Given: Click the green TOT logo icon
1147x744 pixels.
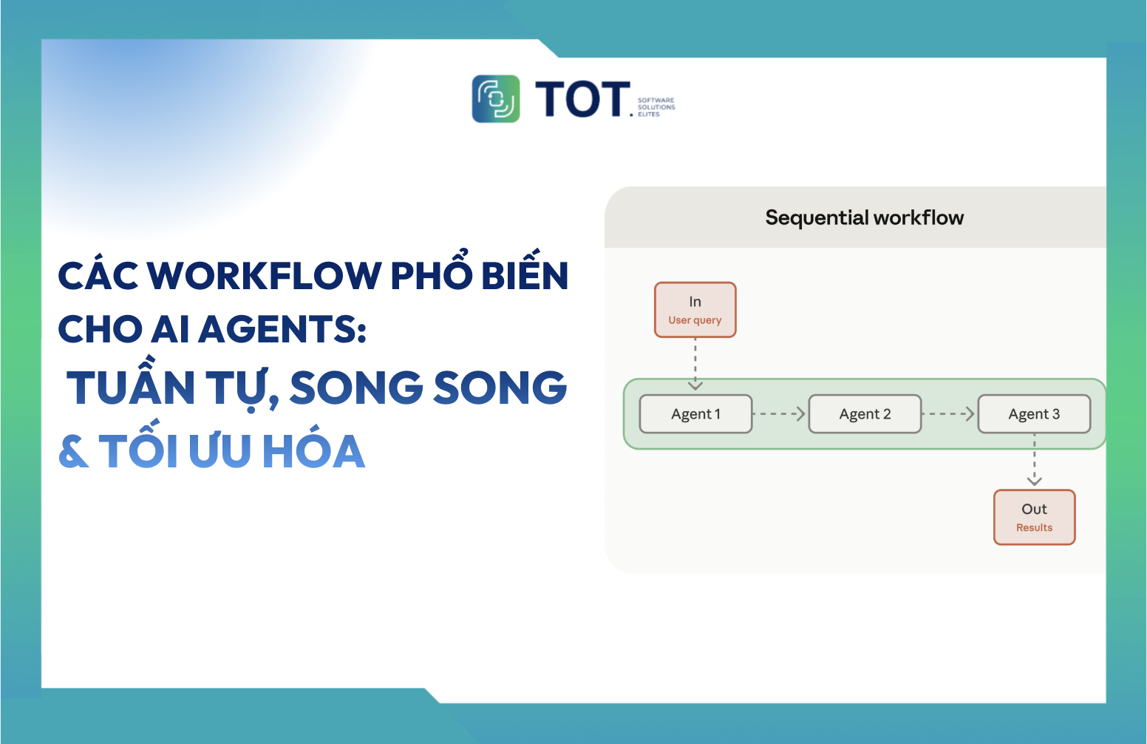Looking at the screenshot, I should (x=496, y=98).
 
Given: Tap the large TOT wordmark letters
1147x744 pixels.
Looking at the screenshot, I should (x=582, y=100).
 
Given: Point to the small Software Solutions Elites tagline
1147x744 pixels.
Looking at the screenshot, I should (x=656, y=107).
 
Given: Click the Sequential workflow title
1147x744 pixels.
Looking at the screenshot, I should (x=864, y=217).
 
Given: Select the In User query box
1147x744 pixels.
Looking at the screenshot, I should (x=695, y=310).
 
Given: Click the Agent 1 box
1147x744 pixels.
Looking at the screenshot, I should (x=695, y=414).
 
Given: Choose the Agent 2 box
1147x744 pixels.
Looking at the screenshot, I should (x=865, y=414).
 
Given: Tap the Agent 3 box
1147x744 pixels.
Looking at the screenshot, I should (x=1034, y=414).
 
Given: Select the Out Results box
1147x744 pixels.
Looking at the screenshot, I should (x=1034, y=518).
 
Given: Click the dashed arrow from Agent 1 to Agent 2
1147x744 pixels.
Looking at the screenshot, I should (x=780, y=414).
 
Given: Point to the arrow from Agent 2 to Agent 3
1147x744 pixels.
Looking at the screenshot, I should (x=949, y=414).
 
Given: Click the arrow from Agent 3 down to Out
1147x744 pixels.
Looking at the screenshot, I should (x=1034, y=462).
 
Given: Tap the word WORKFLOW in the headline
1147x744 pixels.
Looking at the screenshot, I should (x=265, y=276).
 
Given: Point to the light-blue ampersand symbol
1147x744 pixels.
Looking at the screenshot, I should (x=73, y=451).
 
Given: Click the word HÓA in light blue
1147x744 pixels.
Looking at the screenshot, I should (x=313, y=451).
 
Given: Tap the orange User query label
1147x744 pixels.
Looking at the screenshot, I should (x=695, y=320).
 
